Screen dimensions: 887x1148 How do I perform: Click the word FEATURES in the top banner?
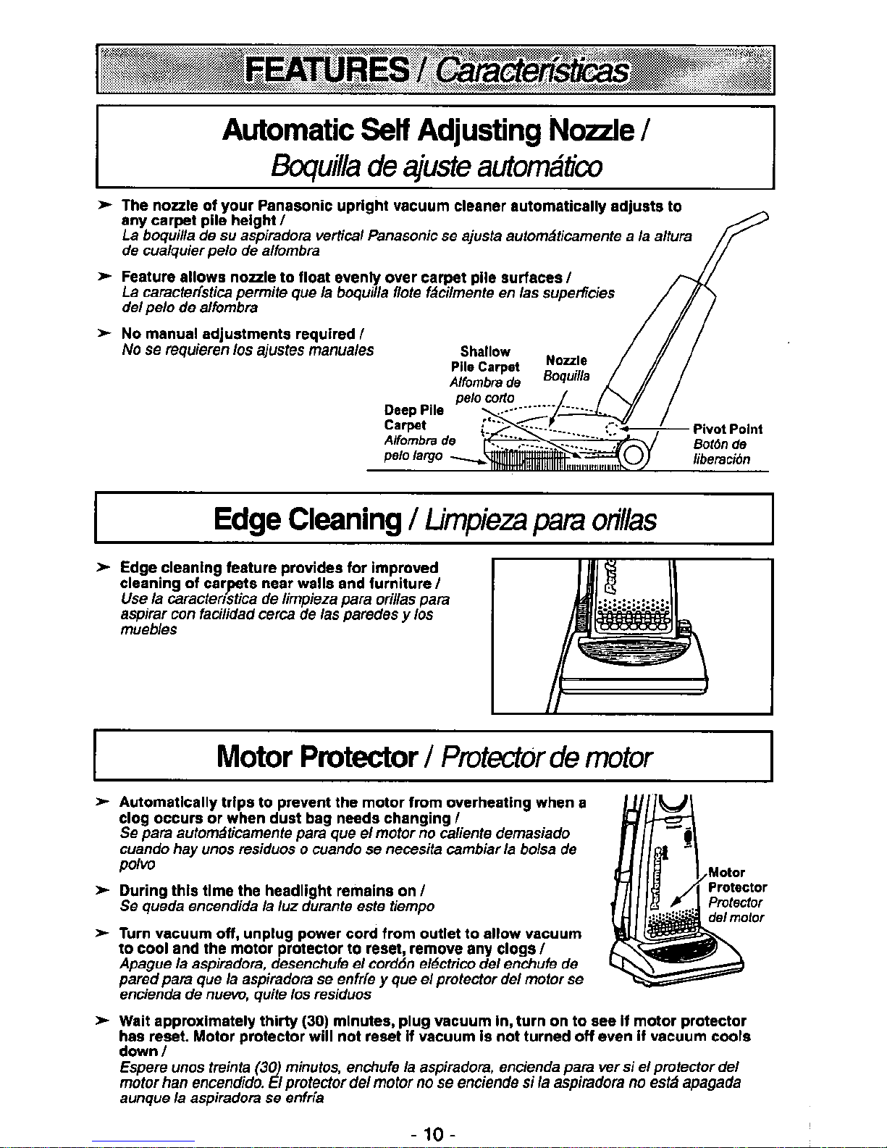[x=327, y=71]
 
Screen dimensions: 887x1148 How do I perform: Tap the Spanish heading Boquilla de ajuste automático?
[x=436, y=167]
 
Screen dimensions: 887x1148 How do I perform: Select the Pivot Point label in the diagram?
[x=728, y=429]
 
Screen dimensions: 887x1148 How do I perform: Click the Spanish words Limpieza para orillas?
[x=540, y=520]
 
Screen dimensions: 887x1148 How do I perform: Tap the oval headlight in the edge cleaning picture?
[x=635, y=649]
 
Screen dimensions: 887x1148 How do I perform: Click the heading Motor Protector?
[x=317, y=757]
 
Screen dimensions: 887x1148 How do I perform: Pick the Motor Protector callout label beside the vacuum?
[x=737, y=879]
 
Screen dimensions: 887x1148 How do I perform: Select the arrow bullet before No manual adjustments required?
[x=105, y=333]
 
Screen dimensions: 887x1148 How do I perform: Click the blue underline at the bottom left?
[x=143, y=1142]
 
